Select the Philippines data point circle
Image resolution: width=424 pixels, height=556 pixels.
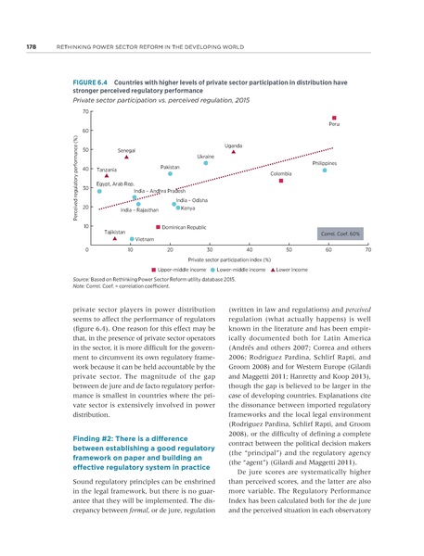tap(325, 170)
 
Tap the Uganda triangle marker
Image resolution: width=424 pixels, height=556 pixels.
tap(234, 154)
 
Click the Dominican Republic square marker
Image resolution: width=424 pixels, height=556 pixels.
tap(158, 226)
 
